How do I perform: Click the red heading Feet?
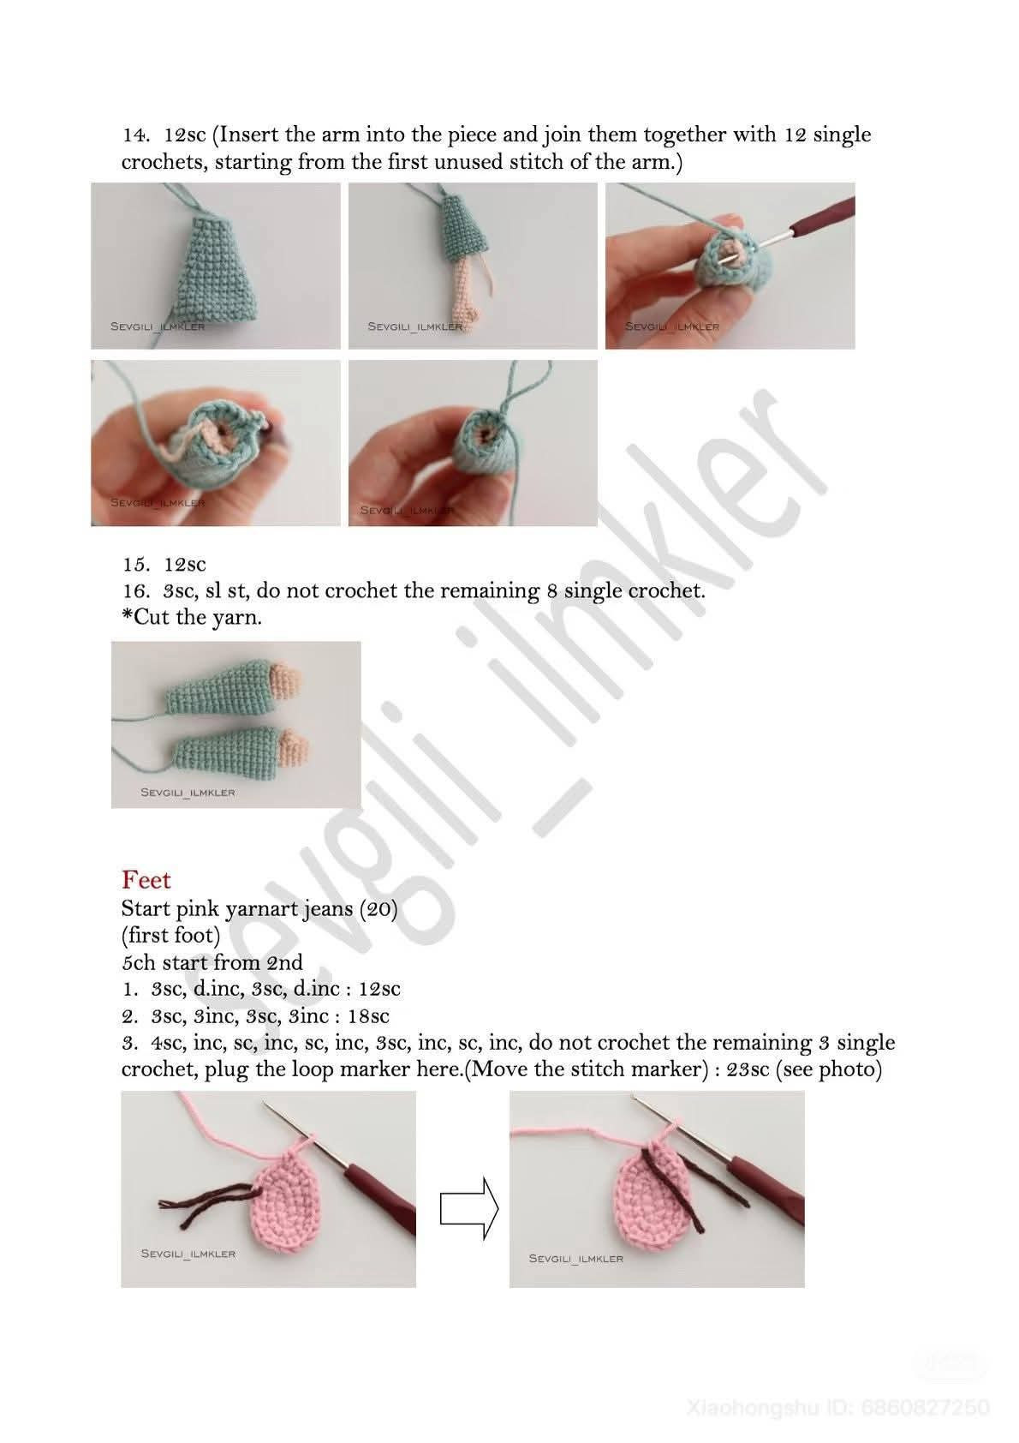pyautogui.click(x=146, y=880)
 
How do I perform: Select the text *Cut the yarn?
pyautogui.click(x=192, y=618)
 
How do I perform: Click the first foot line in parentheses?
pyautogui.click(x=170, y=935)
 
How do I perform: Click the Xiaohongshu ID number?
pyautogui.click(x=924, y=1407)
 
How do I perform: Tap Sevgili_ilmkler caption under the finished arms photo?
pyautogui.click(x=188, y=793)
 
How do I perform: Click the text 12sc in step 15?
pyautogui.click(x=185, y=565)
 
